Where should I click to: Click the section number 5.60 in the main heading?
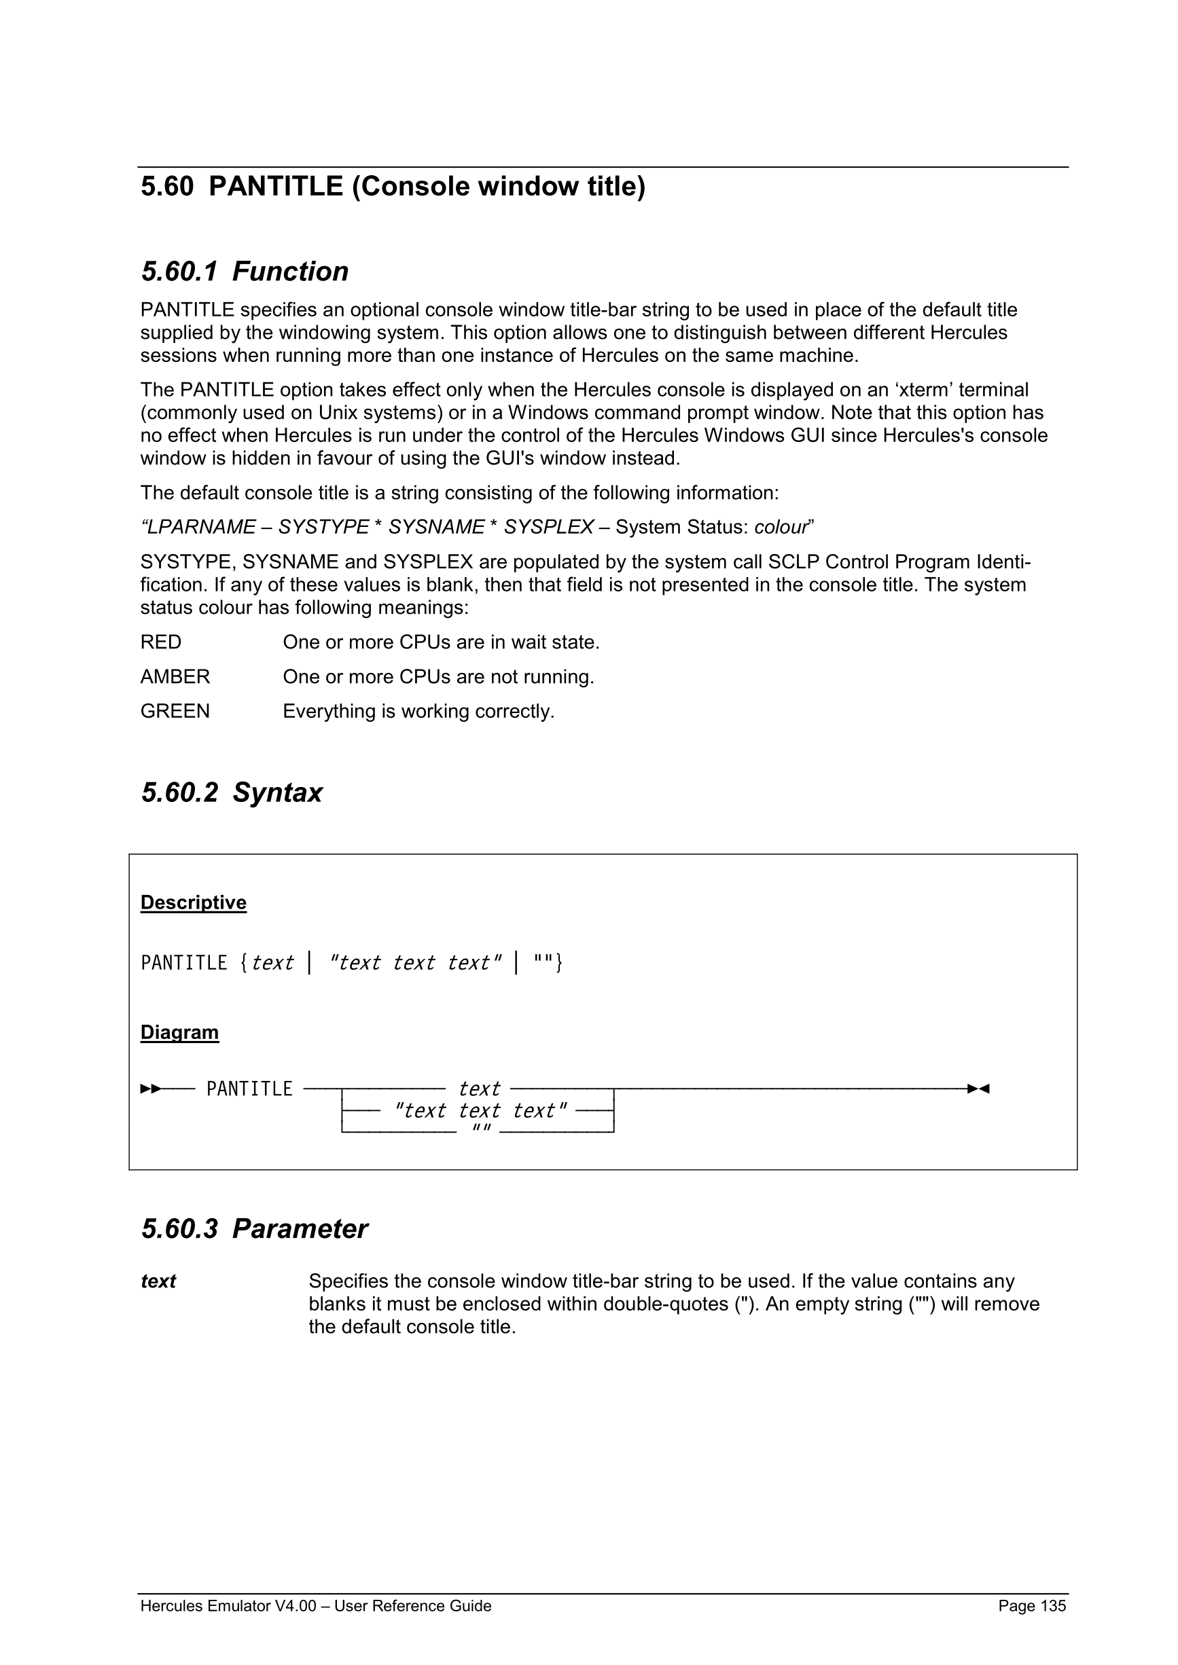click(167, 187)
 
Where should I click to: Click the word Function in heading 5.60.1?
click(290, 272)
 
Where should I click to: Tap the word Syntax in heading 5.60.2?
click(277, 792)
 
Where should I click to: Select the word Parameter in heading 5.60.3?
click(300, 1229)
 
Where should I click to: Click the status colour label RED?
click(161, 642)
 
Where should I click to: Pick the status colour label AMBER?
click(175, 677)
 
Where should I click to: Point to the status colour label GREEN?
click(175, 712)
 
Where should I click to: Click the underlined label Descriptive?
click(194, 903)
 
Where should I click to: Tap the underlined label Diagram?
click(179, 1033)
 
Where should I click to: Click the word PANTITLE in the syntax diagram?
click(249, 1089)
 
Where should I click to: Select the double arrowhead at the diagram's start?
click(150, 1089)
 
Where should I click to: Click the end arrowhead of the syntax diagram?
click(978, 1089)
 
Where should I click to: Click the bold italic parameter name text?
click(158, 1282)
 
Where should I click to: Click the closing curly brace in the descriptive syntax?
click(559, 963)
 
